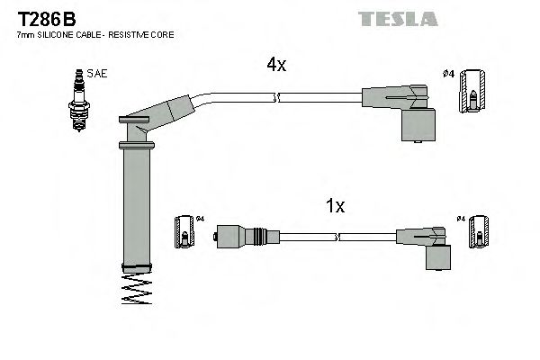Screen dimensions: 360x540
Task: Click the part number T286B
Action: click(x=41, y=16)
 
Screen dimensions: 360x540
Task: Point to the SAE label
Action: click(x=97, y=74)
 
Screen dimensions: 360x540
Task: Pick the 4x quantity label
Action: click(x=276, y=65)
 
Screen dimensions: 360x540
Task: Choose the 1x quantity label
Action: click(x=334, y=206)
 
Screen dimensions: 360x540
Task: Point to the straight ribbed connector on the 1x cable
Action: click(x=241, y=238)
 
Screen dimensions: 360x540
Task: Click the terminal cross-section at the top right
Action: click(x=473, y=94)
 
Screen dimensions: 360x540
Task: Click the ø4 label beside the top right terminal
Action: click(x=448, y=73)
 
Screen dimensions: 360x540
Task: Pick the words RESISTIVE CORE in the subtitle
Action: click(x=143, y=34)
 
